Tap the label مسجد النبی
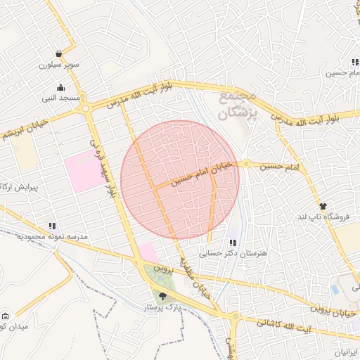60,98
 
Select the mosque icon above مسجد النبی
60,88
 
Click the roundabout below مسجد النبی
86,108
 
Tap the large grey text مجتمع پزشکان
240,105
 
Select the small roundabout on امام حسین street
246,164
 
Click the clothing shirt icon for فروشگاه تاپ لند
323,206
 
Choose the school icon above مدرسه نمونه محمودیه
52,226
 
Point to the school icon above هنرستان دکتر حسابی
233,243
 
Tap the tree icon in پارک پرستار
163,297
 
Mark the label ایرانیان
346,351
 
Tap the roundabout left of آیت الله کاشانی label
234,318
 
